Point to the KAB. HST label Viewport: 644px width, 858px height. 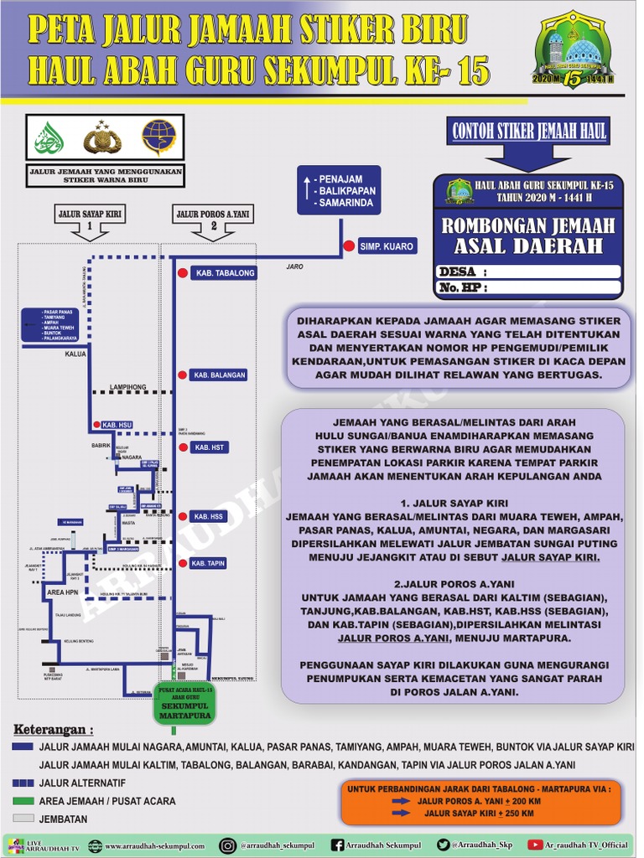pos(210,448)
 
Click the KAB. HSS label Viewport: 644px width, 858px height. pos(210,516)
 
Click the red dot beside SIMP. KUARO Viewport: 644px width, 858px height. pos(347,246)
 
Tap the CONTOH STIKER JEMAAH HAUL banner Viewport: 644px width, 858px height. pos(529,131)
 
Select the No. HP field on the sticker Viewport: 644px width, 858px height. pos(553,287)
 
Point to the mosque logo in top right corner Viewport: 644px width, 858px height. pos(574,50)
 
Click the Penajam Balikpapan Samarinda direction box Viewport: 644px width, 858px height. pos(339,191)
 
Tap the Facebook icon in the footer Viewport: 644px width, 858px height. pos(336,846)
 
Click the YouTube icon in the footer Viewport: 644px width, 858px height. pos(535,846)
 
